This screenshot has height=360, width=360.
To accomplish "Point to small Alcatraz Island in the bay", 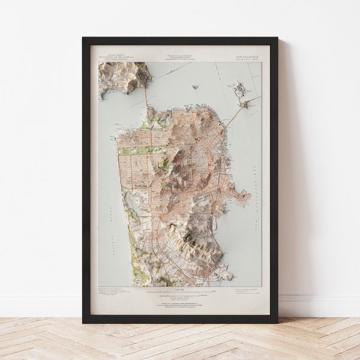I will (x=195, y=87).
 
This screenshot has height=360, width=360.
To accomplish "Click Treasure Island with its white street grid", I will (x=239, y=90).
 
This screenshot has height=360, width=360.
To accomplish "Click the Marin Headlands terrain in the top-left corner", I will (x=123, y=75).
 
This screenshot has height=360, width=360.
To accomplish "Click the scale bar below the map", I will (x=180, y=291).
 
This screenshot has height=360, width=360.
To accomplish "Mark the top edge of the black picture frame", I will (x=180, y=40).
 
